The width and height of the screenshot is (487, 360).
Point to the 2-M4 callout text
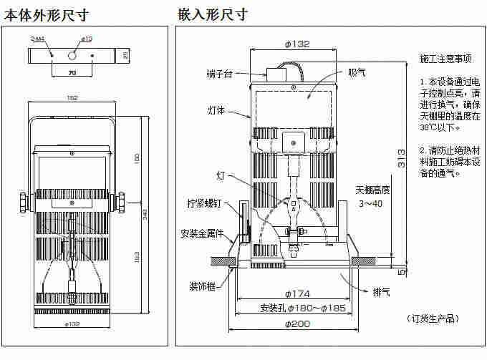click(38, 40)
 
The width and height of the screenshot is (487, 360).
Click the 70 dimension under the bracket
click(72, 72)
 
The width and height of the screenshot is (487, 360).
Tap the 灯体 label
click(217, 110)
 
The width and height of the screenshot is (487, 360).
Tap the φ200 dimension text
click(296, 324)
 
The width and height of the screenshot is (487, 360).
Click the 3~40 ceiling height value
click(371, 204)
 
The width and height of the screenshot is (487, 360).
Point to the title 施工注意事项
click(445, 60)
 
